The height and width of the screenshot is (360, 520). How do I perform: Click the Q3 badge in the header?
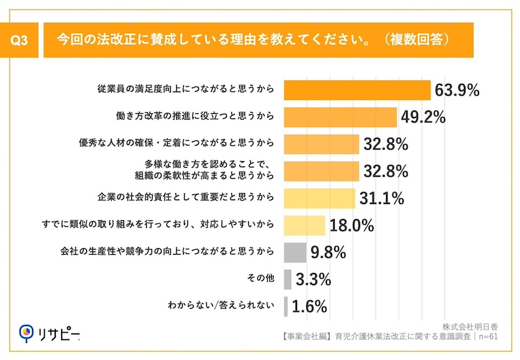pyautogui.click(x=20, y=39)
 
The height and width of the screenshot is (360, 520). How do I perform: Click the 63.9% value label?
pyautogui.click(x=457, y=90)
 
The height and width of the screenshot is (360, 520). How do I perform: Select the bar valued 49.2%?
pyautogui.click(x=341, y=117)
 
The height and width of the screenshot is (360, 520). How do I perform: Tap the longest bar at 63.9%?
pyautogui.click(x=357, y=90)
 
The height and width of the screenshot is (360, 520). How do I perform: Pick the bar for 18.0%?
pyautogui.click(x=305, y=225)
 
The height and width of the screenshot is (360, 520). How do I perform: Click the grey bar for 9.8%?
pyautogui.click(x=295, y=251)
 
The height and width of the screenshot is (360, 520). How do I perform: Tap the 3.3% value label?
pyautogui.click(x=314, y=279)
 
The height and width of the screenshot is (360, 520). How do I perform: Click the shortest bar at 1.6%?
pyautogui.click(x=286, y=305)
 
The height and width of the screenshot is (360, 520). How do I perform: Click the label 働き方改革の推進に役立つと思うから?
pyautogui.click(x=192, y=117)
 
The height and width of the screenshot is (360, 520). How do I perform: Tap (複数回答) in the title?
pyautogui.click(x=417, y=39)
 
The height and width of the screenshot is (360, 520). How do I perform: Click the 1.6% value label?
pyautogui.click(x=309, y=306)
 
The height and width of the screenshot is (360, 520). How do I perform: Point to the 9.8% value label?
pyautogui.click(x=328, y=252)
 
